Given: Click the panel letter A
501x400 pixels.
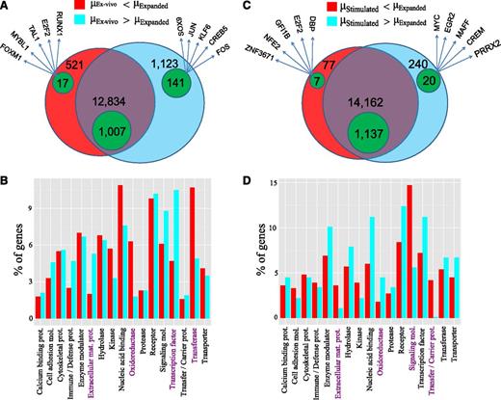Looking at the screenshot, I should click(x=8, y=8).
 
